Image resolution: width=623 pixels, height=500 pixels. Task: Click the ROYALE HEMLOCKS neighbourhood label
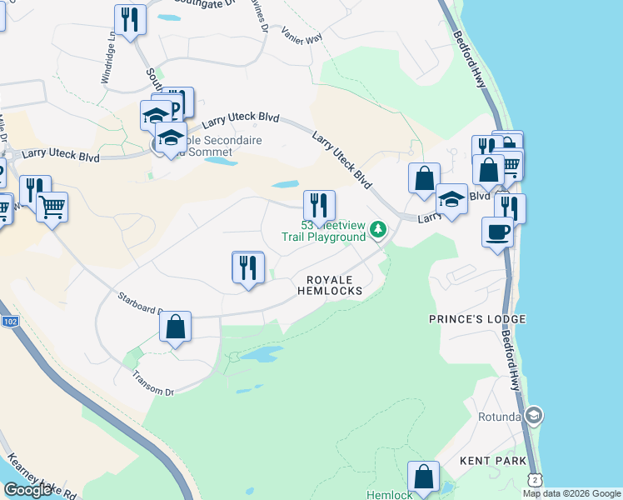pyautogui.click(x=331, y=285)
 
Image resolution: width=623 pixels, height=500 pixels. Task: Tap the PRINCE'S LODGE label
pyautogui.click(x=477, y=319)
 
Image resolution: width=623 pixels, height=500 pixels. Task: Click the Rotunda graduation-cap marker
pyautogui.click(x=534, y=415)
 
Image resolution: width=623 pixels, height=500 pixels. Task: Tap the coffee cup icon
pyautogui.click(x=498, y=232)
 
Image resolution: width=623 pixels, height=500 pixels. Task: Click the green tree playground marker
pyautogui.click(x=378, y=228)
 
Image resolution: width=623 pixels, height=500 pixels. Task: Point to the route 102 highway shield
pyautogui.click(x=10, y=322)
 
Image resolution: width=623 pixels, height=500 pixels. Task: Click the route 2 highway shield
pyautogui.click(x=533, y=477)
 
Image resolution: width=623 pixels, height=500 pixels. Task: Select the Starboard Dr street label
pyautogui.click(x=138, y=301)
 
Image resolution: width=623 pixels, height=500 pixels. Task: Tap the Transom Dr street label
pyautogui.click(x=152, y=382)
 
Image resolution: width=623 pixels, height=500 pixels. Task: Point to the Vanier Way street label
pyautogui.click(x=302, y=35)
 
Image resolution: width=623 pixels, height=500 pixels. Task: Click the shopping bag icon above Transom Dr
pyautogui.click(x=176, y=327)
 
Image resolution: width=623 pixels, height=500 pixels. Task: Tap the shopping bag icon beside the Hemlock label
pyautogui.click(x=424, y=478)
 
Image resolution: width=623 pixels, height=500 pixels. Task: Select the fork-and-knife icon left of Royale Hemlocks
pyautogui.click(x=247, y=267)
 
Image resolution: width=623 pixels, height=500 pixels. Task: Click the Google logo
pyautogui.click(x=27, y=490)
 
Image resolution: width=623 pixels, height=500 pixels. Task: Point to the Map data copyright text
pyautogui.click(x=571, y=493)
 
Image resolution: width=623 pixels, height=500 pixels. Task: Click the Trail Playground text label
pyautogui.click(x=323, y=237)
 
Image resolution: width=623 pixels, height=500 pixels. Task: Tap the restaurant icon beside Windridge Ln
pyautogui.click(x=129, y=20)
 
